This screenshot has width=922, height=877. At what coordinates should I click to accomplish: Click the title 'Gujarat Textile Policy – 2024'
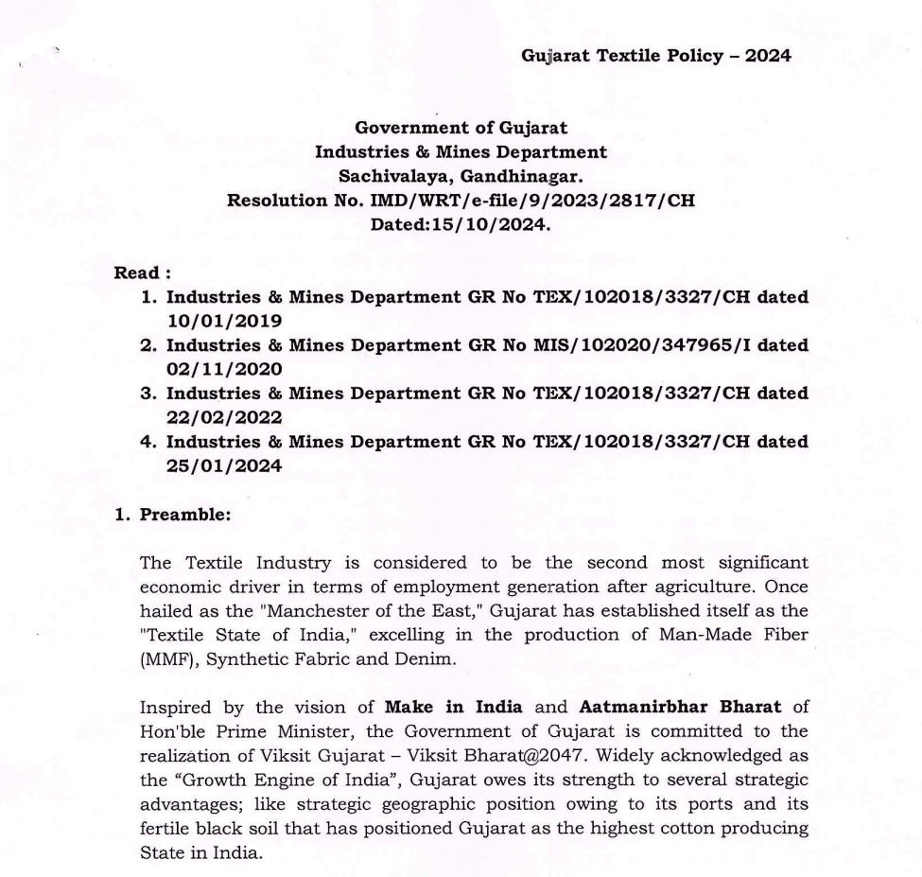(655, 56)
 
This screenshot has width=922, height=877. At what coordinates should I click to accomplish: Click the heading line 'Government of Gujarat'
(461, 128)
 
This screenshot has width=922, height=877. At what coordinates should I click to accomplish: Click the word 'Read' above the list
(136, 273)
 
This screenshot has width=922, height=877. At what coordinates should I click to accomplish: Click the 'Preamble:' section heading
(179, 515)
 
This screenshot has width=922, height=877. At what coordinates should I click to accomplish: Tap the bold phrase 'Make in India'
(441, 708)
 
